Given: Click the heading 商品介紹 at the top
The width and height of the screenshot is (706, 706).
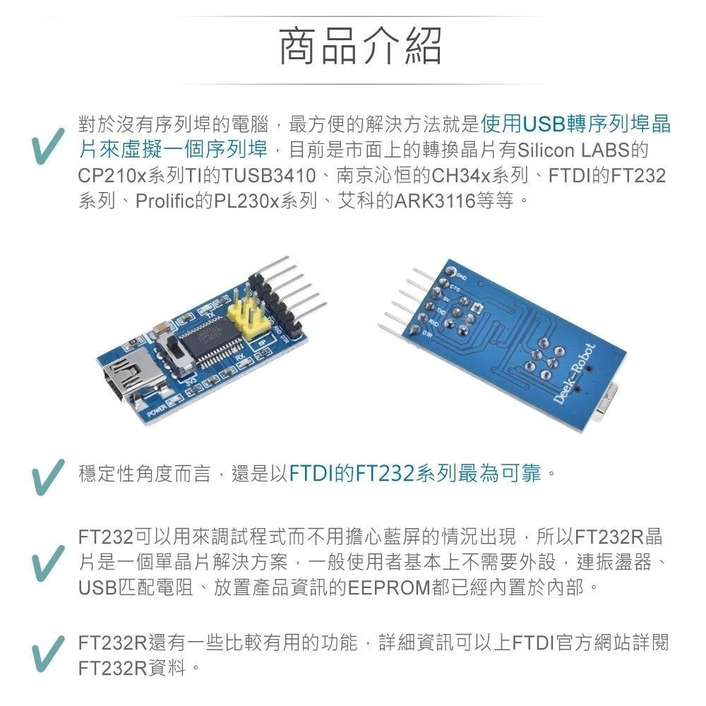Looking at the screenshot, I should [360, 47].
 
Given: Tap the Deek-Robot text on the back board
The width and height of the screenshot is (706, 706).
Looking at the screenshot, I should [574, 375].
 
